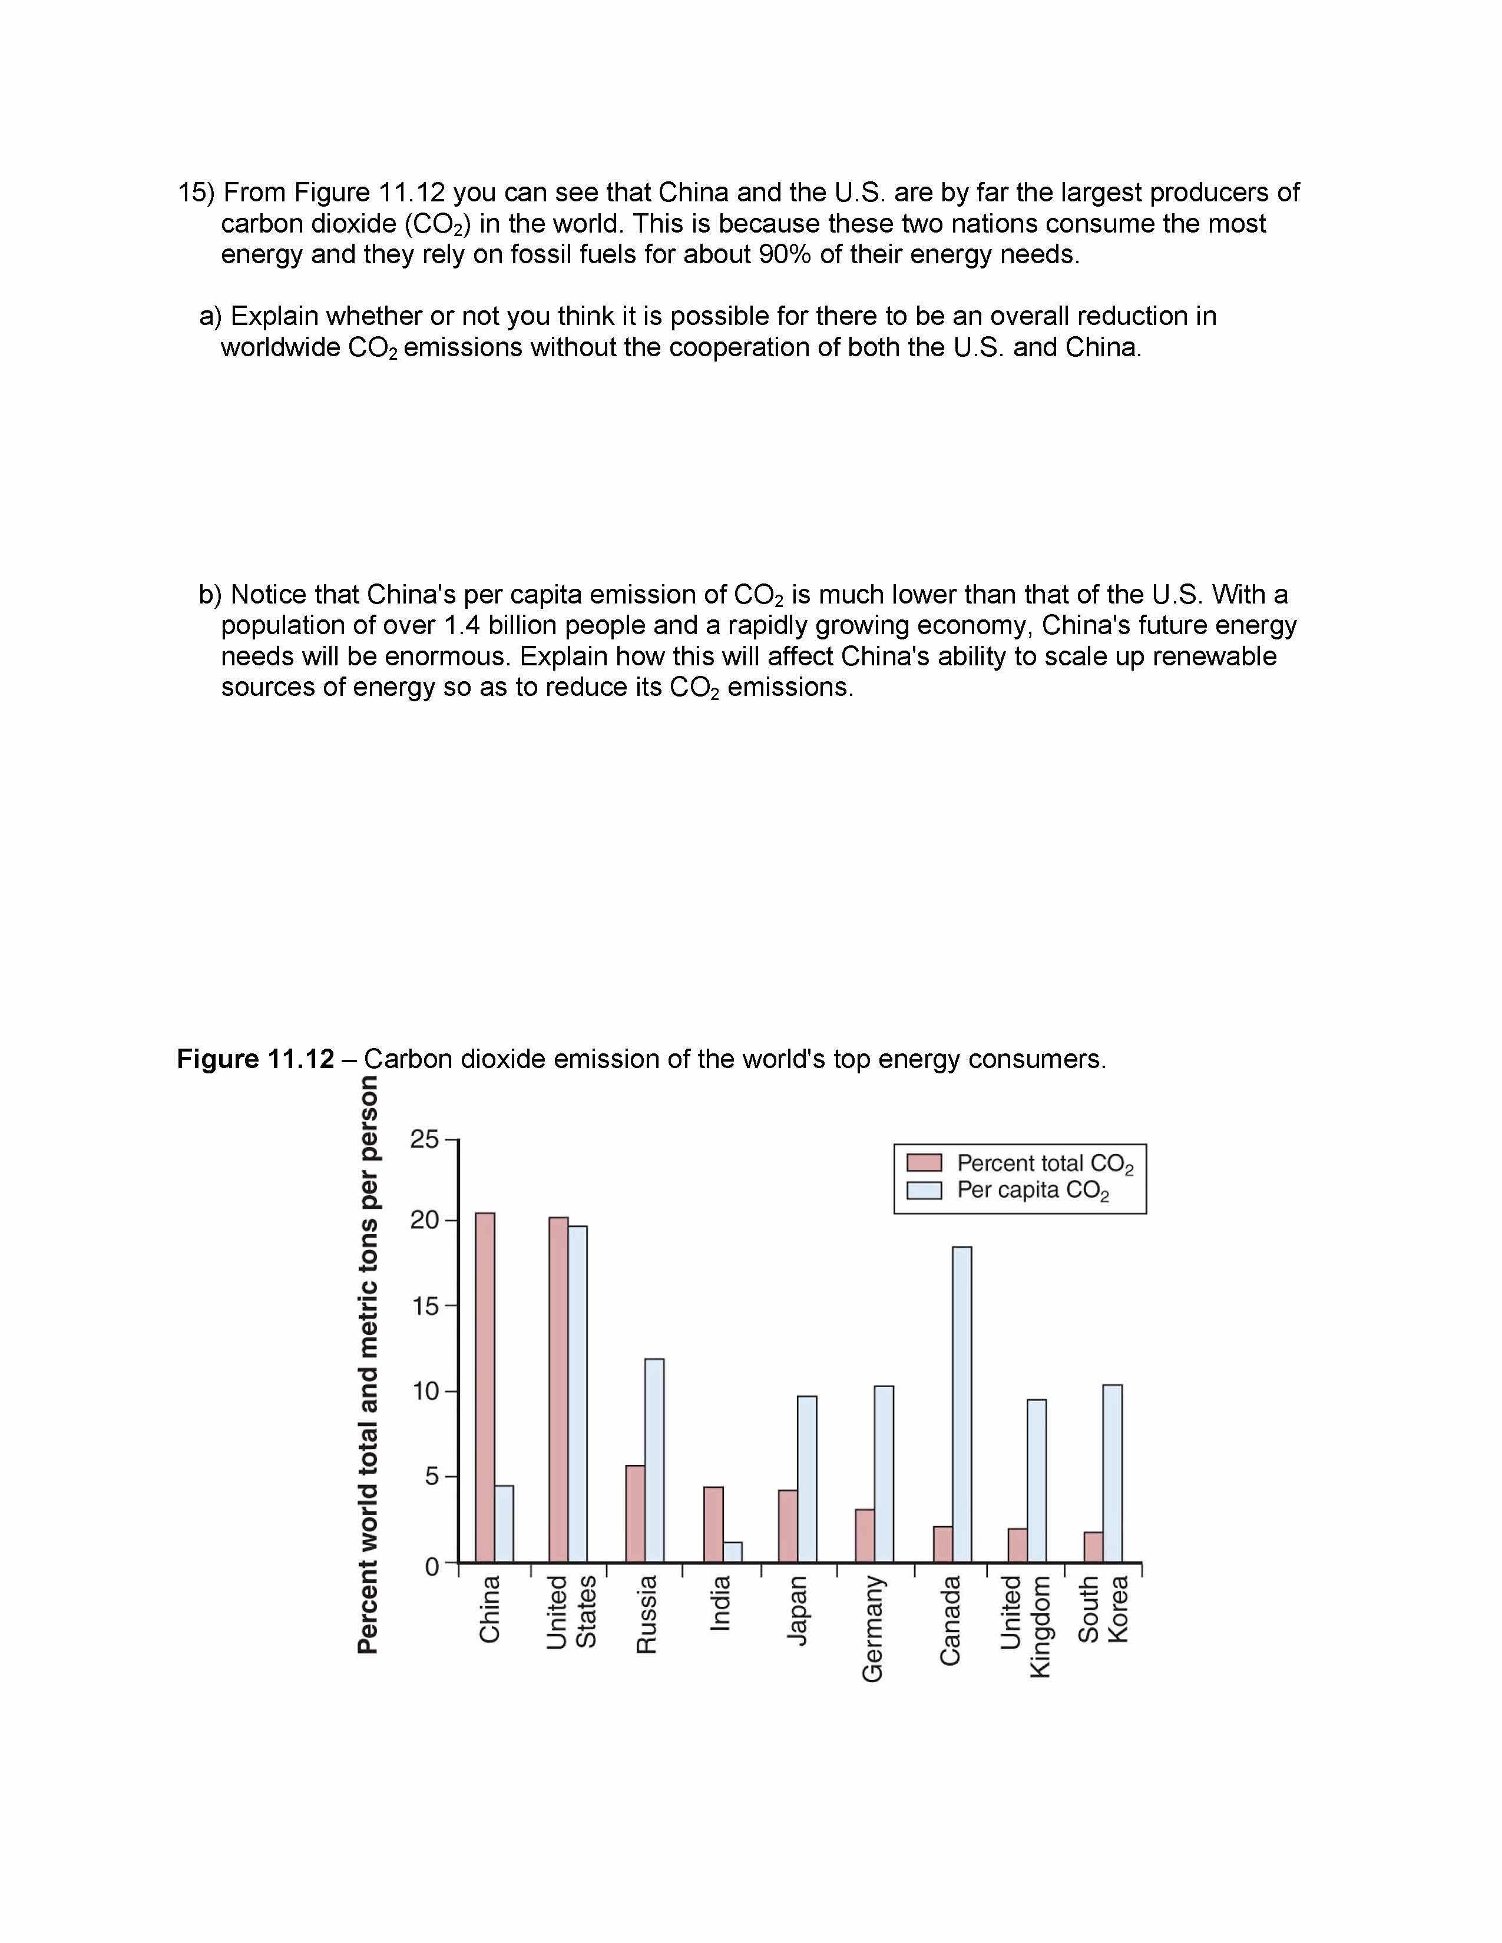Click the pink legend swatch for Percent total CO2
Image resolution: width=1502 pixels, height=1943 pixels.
pyautogui.click(x=924, y=1163)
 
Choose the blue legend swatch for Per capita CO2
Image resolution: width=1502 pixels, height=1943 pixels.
pyautogui.click(x=924, y=1191)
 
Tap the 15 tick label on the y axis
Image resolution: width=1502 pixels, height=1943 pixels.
pyautogui.click(x=425, y=1306)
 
